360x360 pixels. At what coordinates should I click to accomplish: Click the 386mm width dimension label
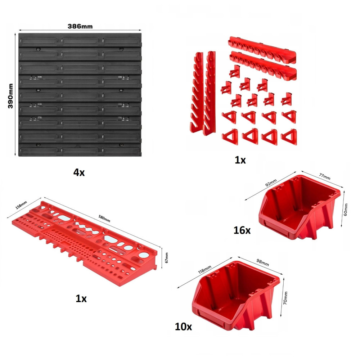tap(80, 26)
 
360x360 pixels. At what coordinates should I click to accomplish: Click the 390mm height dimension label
tap(10, 96)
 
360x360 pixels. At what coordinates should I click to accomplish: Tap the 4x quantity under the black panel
tap(79, 172)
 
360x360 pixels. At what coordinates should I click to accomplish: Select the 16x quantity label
tap(242, 230)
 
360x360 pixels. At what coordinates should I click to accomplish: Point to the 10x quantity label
tap(183, 327)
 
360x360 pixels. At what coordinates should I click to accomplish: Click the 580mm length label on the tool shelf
tap(104, 219)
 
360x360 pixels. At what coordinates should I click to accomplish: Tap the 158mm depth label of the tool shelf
tap(21, 205)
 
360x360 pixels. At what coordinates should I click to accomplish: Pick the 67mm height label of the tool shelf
tap(166, 258)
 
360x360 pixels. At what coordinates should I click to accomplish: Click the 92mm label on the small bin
tap(271, 183)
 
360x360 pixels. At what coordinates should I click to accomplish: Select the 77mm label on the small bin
tap(325, 176)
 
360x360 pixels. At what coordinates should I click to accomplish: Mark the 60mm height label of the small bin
tap(346, 210)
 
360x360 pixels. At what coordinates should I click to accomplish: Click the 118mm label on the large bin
tap(204, 270)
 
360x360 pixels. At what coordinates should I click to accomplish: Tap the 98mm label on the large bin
tap(262, 262)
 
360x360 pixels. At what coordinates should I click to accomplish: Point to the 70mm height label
tap(285, 298)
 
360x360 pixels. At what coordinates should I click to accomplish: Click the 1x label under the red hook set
tap(240, 160)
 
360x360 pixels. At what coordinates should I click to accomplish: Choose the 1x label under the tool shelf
tap(81, 298)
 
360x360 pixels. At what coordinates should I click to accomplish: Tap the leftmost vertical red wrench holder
tap(197, 92)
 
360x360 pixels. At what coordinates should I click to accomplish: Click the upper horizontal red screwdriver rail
tap(262, 50)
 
